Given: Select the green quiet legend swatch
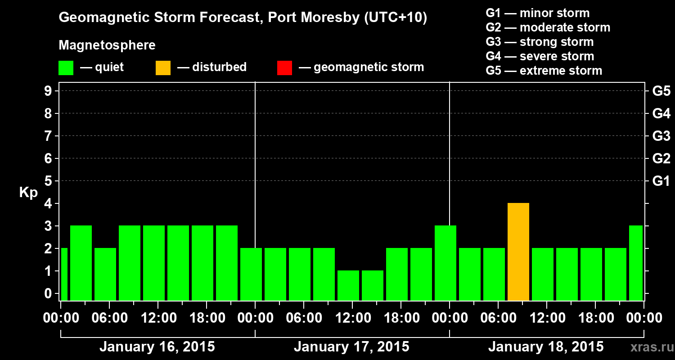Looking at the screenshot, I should (66, 68).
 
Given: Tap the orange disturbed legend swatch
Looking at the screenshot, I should (163, 68).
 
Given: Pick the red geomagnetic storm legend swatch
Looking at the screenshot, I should (284, 68).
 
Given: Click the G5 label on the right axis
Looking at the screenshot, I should (661, 91).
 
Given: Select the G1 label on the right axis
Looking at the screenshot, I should (661, 181).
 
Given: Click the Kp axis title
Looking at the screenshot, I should (28, 193).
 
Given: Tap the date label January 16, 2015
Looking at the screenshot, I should (157, 347).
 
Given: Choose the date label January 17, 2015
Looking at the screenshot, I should (351, 347).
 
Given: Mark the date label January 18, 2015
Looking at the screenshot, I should (546, 347).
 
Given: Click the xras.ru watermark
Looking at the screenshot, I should (651, 347).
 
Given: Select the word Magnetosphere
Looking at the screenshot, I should (107, 45).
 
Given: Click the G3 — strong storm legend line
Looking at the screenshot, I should (540, 42).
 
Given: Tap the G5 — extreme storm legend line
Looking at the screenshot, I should (544, 71).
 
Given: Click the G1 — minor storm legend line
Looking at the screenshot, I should (537, 13).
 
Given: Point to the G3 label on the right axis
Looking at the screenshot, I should (661, 136).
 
